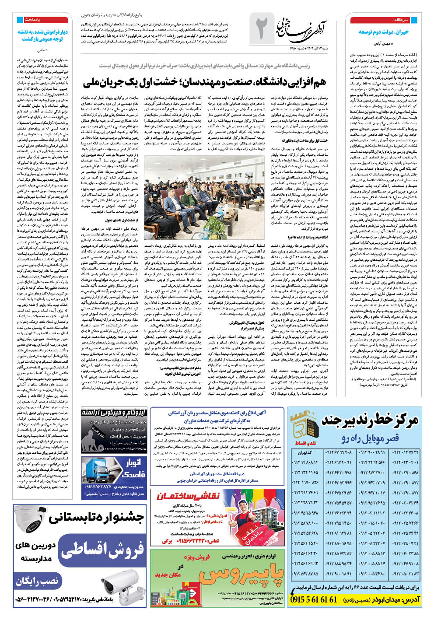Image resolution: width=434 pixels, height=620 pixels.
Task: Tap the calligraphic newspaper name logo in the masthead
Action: (303, 27)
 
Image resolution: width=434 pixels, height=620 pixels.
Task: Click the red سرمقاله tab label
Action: (401, 20)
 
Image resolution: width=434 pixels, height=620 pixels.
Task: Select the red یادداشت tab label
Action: (33, 20)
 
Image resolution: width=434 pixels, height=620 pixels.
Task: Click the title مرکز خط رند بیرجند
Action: (370, 421)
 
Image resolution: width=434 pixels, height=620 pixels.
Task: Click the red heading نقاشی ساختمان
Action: (189, 496)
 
